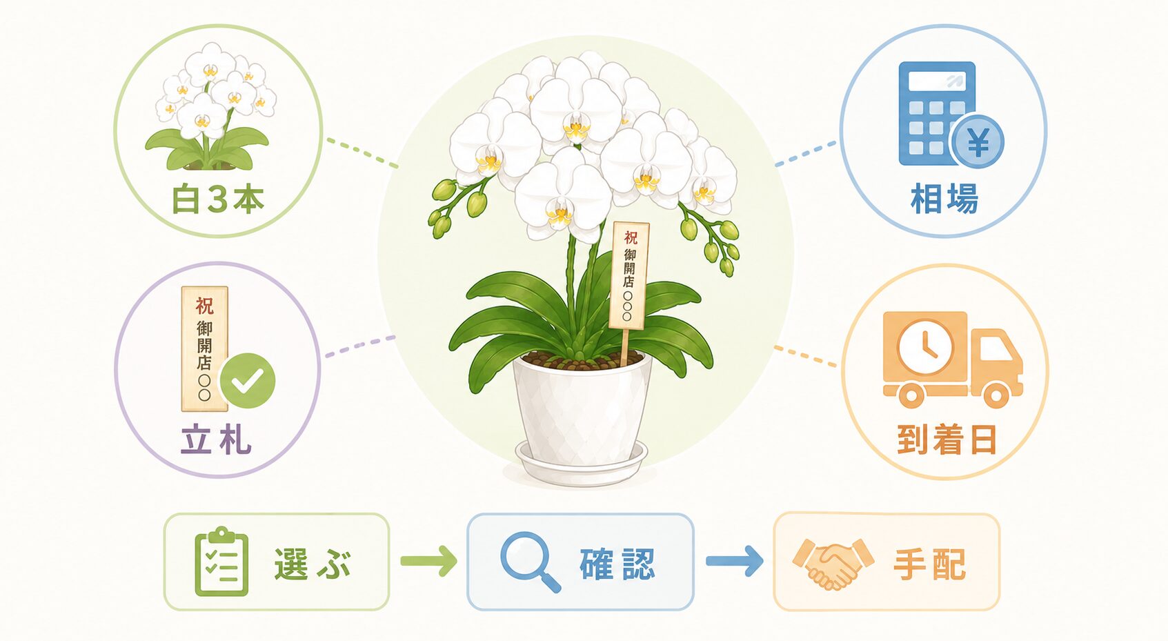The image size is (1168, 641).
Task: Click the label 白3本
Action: click(x=217, y=199)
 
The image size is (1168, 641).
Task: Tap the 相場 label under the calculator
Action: click(x=944, y=198)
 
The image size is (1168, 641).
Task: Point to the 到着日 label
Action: click(x=947, y=439)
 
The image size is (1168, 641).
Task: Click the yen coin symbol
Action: click(x=978, y=141)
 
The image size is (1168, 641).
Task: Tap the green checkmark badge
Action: click(x=247, y=380)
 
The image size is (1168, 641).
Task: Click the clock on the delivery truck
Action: click(x=926, y=346)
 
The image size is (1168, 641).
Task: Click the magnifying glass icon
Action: click(x=529, y=561)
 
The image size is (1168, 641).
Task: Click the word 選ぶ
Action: click(x=313, y=564)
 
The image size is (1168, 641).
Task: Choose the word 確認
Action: click(x=617, y=564)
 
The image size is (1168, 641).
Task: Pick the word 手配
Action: click(x=930, y=564)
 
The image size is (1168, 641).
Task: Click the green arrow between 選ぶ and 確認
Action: click(x=428, y=561)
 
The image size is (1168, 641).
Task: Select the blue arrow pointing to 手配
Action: click(x=735, y=561)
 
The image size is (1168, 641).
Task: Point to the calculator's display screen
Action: click(x=936, y=81)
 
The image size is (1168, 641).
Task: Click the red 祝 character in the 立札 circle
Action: click(x=204, y=306)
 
